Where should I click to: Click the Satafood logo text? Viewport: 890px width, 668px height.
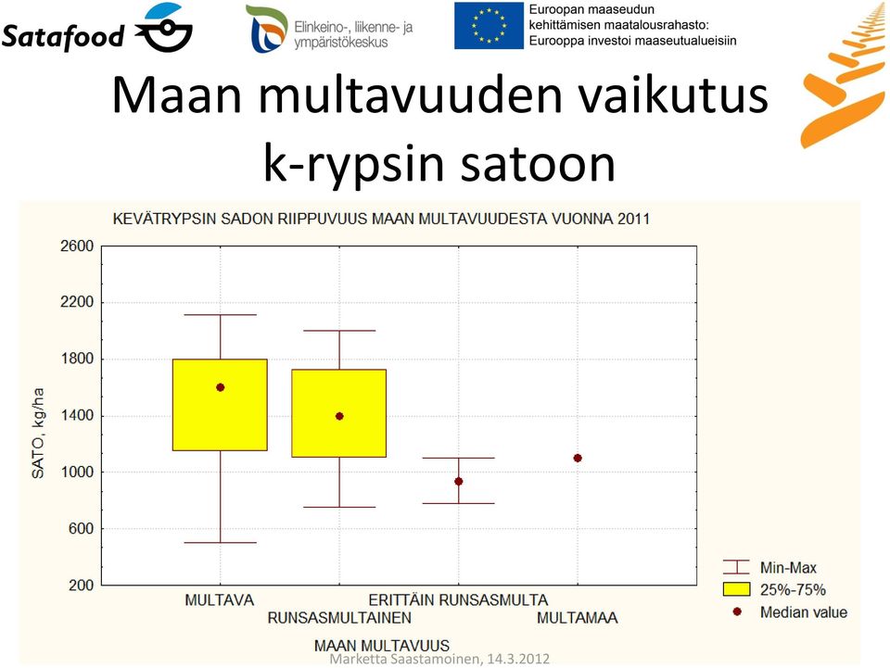coord(63,37)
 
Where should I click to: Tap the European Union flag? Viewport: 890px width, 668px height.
coord(489,26)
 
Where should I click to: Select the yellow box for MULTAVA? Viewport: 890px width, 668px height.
coord(221,405)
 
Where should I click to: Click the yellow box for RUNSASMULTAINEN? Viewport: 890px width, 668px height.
coord(339,413)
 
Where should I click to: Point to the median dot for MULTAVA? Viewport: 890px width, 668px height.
coord(221,387)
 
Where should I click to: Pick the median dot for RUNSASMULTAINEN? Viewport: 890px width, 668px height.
coord(339,416)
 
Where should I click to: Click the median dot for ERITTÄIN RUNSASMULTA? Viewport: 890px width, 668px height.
coord(459,482)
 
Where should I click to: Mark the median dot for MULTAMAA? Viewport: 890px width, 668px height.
coord(578,459)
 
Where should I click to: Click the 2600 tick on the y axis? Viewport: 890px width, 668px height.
coord(77,246)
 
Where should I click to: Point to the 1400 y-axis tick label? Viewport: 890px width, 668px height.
coord(77,416)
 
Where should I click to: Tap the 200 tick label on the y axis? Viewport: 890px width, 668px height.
coord(82,586)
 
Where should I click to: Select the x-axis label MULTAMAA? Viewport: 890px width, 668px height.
coord(578,618)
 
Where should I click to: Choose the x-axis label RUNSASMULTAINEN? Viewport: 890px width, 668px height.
coord(339,618)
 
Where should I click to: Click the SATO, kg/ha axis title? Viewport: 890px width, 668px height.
coord(37,434)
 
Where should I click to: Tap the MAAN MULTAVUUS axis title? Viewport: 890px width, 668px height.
coord(382,646)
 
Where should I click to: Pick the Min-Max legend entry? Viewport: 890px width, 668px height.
coord(769,568)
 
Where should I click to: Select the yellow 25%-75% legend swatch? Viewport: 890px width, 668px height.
coord(737,589)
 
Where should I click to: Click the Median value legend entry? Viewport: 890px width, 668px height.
coord(790,612)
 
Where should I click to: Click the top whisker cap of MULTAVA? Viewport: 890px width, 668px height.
coord(221,315)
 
